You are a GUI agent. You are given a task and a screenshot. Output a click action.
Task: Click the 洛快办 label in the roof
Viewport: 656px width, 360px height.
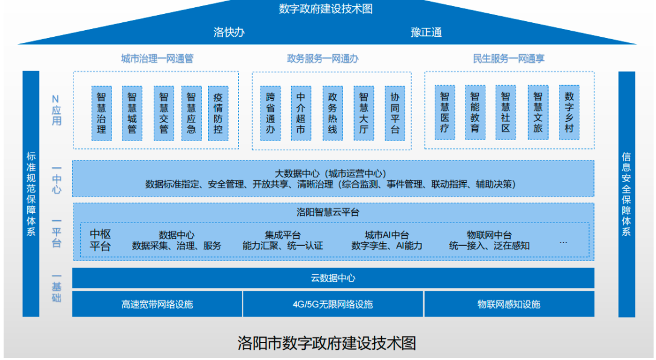(229, 32)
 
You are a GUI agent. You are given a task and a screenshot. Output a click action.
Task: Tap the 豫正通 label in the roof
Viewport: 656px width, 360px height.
(426, 32)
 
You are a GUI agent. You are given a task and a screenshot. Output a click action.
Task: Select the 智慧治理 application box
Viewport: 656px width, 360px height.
(101, 113)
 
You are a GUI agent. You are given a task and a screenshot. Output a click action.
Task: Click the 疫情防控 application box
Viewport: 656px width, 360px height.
(217, 113)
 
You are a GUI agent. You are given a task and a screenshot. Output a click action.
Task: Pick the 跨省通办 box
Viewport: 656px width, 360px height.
(271, 113)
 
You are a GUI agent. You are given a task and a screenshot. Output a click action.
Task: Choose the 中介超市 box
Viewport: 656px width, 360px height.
(301, 113)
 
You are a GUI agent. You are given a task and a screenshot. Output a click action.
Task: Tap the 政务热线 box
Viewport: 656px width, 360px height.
(332, 113)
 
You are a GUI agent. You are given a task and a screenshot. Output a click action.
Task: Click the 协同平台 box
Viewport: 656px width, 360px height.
(395, 113)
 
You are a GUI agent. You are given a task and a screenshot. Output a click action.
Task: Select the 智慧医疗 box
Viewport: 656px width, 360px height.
(444, 113)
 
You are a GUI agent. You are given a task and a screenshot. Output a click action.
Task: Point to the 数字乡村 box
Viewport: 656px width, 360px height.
(569, 113)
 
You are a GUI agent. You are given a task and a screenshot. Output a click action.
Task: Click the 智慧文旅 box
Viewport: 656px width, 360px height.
(537, 113)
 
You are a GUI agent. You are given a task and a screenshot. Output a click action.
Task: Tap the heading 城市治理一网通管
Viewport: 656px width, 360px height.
(157, 58)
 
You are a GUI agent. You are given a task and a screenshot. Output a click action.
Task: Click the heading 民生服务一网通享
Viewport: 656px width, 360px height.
(509, 58)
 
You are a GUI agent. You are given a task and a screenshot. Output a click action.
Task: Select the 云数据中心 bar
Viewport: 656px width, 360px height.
(333, 278)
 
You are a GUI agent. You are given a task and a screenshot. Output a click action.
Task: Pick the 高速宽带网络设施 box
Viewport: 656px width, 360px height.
(157, 304)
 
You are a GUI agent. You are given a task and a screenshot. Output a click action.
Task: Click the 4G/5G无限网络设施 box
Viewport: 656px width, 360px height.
(333, 304)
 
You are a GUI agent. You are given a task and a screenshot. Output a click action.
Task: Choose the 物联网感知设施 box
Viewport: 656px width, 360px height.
(509, 304)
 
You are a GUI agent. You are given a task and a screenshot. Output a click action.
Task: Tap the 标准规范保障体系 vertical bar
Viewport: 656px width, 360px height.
(31, 194)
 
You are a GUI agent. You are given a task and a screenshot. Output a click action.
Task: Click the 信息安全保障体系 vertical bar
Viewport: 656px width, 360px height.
(626, 194)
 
